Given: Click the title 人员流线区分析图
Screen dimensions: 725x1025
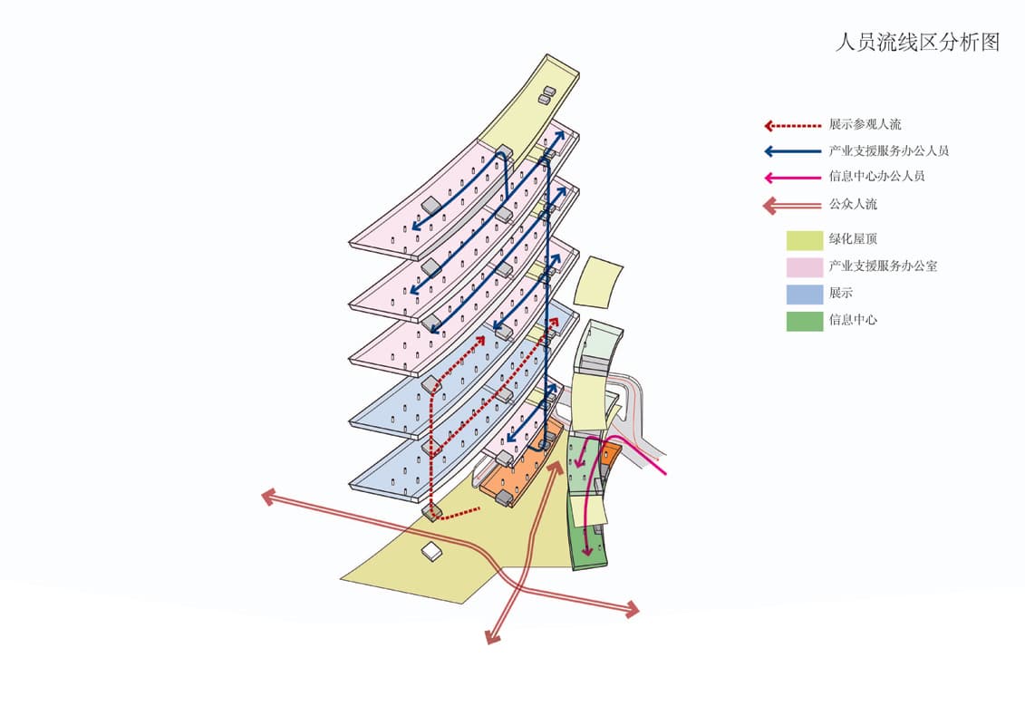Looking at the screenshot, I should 916,43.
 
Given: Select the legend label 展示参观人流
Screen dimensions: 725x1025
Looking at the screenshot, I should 865,125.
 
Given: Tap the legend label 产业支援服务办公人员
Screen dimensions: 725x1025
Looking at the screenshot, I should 888,151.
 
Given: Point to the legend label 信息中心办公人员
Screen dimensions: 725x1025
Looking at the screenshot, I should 876,177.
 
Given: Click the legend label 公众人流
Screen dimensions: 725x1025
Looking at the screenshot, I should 853,205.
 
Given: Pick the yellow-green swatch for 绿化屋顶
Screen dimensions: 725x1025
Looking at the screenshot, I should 804,240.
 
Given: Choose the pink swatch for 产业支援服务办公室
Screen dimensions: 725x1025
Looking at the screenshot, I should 804,267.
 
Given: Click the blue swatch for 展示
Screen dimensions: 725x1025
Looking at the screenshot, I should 804,294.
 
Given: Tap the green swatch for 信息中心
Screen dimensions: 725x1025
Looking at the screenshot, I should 804,321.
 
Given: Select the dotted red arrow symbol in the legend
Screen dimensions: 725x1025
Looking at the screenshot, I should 791,125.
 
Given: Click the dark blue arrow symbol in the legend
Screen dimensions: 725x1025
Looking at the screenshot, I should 791,151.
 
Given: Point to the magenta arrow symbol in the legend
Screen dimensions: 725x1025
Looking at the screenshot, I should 791,178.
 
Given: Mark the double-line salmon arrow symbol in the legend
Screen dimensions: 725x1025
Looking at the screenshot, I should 791,206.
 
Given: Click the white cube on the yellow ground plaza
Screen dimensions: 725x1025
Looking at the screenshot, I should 432,551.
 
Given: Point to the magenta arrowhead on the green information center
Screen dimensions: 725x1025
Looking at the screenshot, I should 587,550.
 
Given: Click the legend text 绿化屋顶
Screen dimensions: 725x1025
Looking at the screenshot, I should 853,240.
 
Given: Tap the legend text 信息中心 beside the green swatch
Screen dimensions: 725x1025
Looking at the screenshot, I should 853,321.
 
